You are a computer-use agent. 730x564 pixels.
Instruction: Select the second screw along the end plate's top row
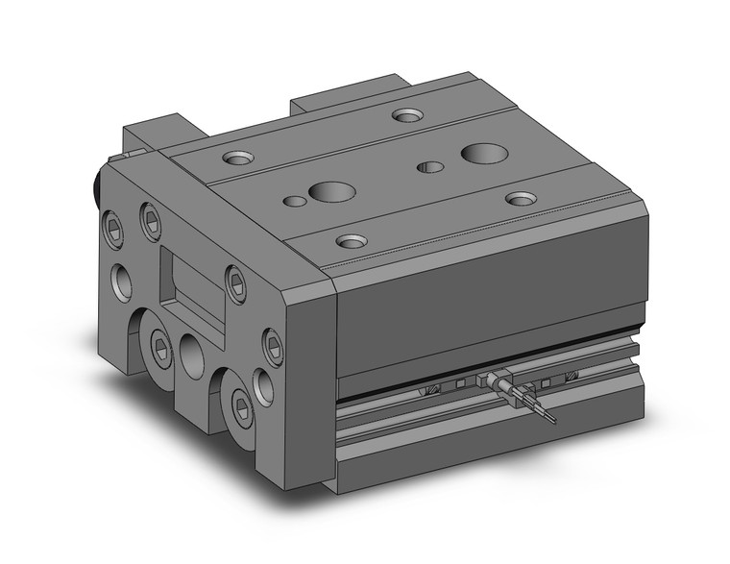[151, 221]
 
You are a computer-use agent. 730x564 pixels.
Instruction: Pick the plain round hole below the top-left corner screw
[123, 280]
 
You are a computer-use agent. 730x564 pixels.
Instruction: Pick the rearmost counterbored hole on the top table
[407, 115]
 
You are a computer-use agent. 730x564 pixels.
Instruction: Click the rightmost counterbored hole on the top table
[522, 198]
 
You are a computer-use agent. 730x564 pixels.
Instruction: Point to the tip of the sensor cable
[553, 420]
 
